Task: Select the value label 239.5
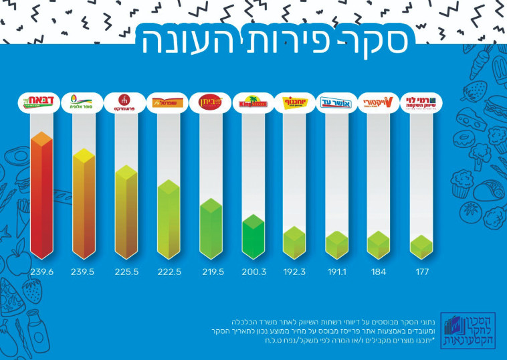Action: (84, 273)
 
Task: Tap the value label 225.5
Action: (126, 273)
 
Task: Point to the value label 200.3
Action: (253, 273)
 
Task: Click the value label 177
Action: (421, 273)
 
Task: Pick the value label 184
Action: (379, 273)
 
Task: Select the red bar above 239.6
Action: (41, 197)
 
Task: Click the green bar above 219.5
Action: (211, 231)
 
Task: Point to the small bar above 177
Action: (421, 246)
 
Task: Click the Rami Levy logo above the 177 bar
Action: (423, 103)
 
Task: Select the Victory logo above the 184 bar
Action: (379, 103)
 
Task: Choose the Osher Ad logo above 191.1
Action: (337, 103)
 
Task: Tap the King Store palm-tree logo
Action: (253, 103)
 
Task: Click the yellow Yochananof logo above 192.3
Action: (295, 103)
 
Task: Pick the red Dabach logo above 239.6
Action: (41, 103)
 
